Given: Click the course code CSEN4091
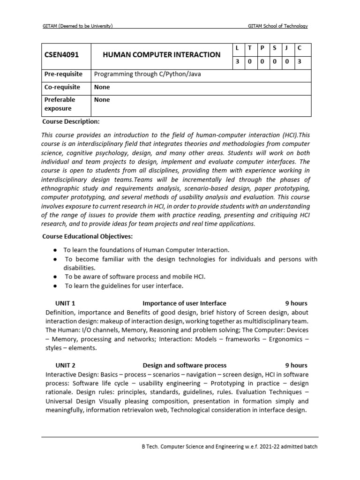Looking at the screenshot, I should pos(61,55).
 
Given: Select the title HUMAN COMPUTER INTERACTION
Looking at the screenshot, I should pos(161,55).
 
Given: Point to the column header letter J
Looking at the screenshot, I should pos(286,48).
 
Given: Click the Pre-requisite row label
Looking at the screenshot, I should pos(63,74).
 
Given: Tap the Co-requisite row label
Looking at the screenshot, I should pos(62,87).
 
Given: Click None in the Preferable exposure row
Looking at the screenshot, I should pos(102,100).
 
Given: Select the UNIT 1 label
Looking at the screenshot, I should pos(65,303).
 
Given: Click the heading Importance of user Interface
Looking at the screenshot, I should pos(184,303).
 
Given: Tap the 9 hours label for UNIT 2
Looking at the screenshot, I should pos(296,365).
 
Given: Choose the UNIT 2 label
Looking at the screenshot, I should pos(65,365).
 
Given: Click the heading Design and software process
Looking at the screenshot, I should pos(184,365).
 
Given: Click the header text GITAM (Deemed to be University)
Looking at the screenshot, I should pos(78,26).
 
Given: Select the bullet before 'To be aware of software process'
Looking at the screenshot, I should pos(55,277).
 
